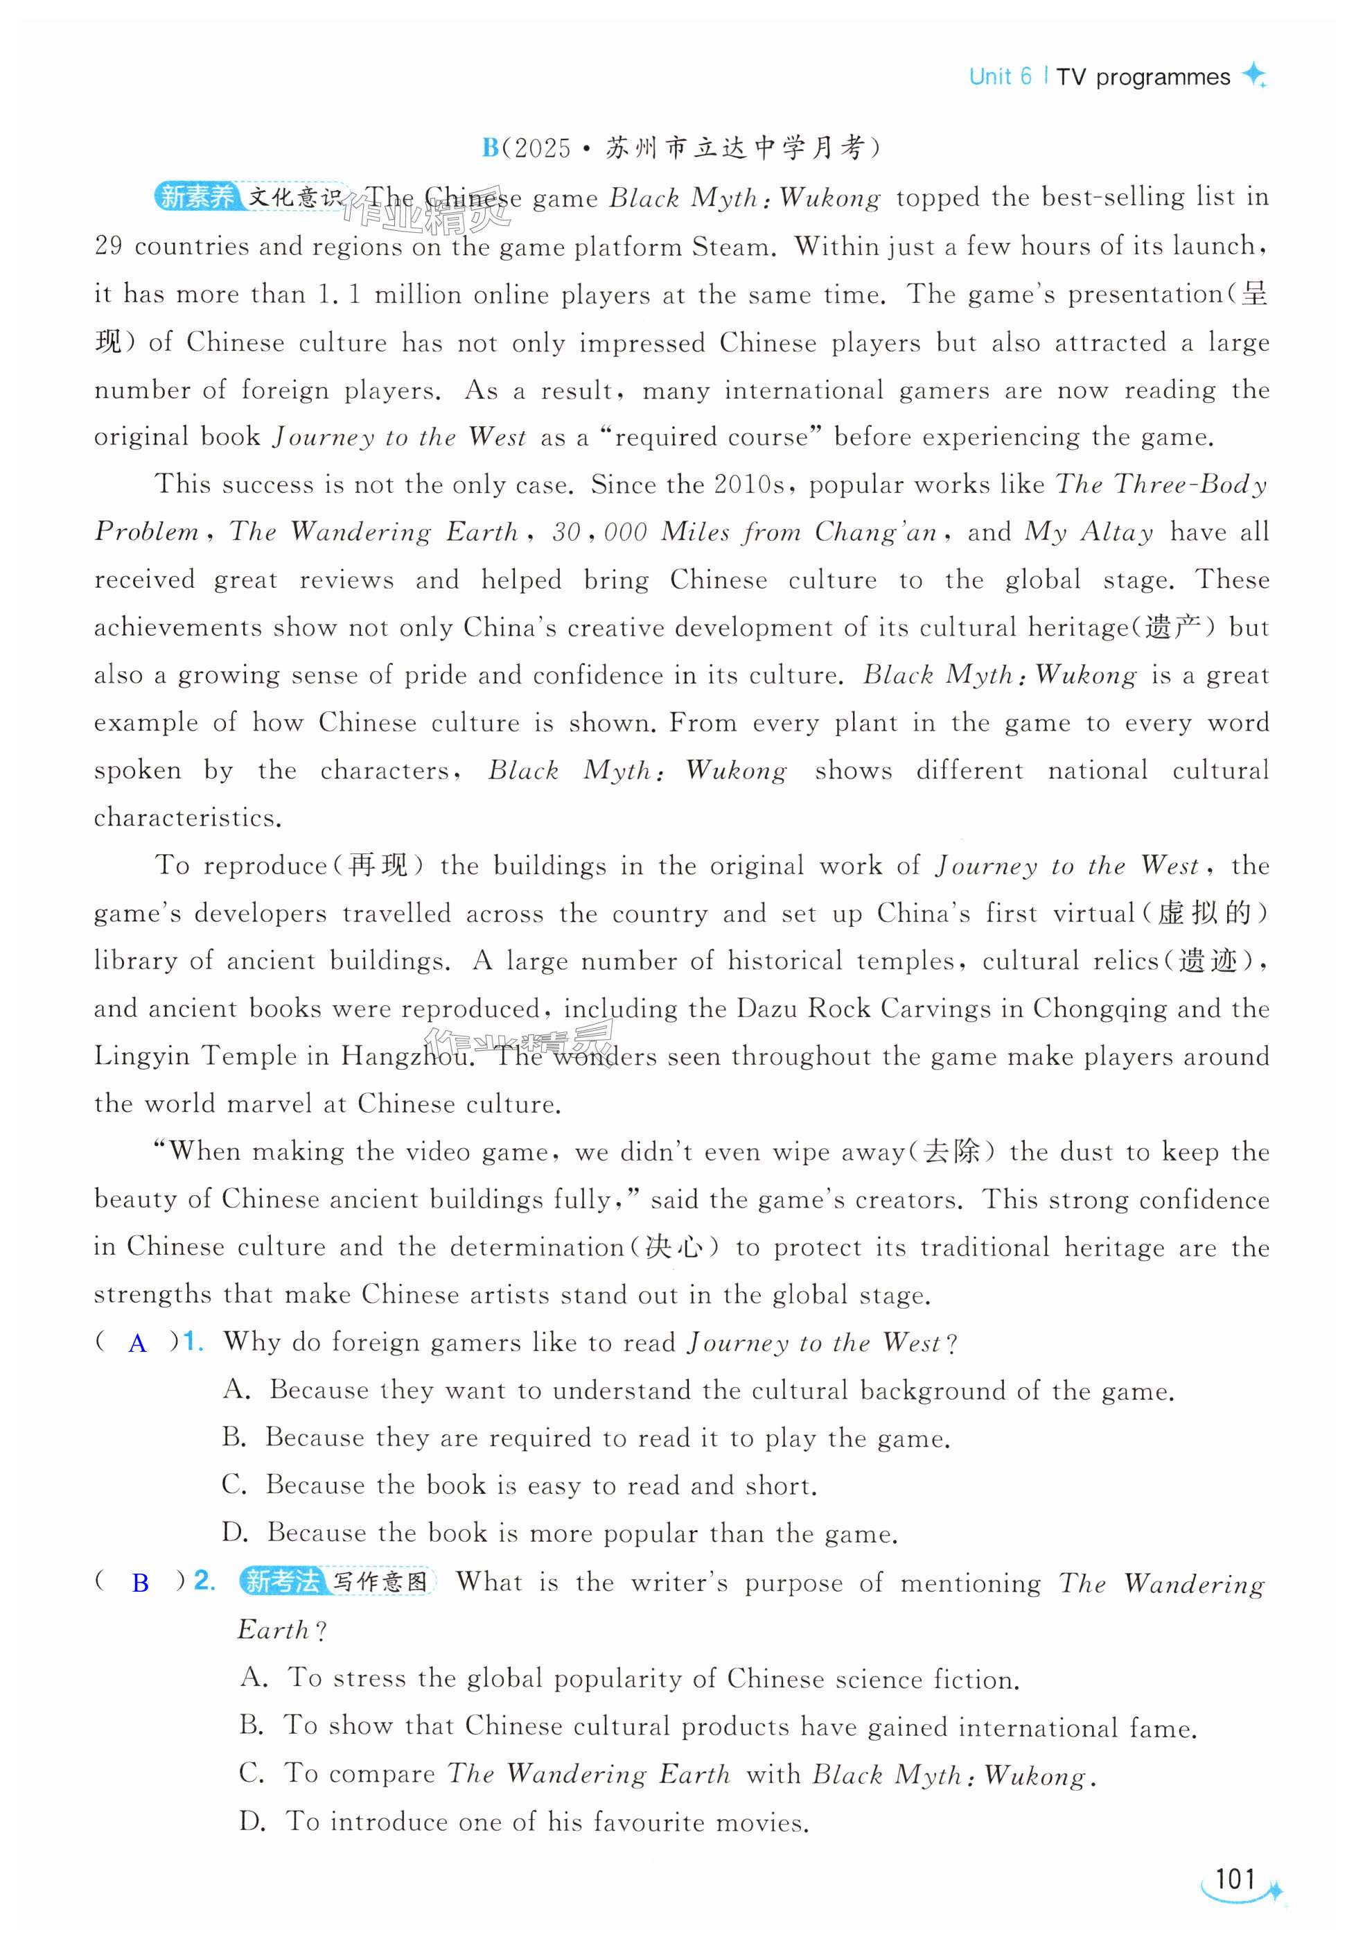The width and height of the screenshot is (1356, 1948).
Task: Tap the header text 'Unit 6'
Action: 1000,77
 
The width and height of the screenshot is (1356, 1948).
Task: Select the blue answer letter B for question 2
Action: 141,1583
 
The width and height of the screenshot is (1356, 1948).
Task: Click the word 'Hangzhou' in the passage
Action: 405,1056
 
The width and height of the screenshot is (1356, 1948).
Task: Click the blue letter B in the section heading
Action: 490,148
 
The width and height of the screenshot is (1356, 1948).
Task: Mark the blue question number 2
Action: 204,1581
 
